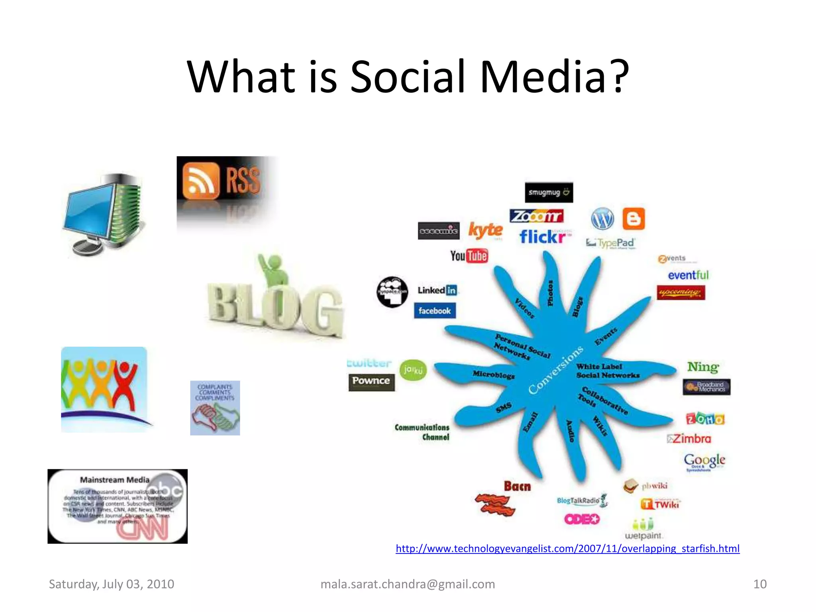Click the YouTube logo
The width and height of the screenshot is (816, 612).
click(x=469, y=256)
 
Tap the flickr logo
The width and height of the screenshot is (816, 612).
click(x=543, y=237)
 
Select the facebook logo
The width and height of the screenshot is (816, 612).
click(x=434, y=311)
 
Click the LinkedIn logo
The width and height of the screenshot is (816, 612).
click(x=437, y=290)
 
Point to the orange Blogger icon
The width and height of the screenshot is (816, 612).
click(x=634, y=219)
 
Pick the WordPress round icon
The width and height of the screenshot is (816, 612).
click(x=602, y=219)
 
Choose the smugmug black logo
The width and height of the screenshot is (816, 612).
click(x=549, y=192)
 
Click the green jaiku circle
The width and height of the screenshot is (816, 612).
click(x=413, y=370)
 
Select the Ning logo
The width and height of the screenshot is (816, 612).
click(x=703, y=367)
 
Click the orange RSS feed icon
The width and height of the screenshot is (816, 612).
click(x=201, y=180)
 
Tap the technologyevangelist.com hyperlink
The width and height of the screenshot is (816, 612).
click(x=567, y=549)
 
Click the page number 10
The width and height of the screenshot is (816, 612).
click(x=759, y=584)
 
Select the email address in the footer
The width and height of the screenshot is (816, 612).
click(x=408, y=584)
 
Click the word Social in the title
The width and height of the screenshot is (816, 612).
click(x=407, y=76)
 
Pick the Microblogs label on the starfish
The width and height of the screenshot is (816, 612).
click(x=494, y=375)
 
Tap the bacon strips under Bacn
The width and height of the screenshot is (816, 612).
click(x=495, y=504)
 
